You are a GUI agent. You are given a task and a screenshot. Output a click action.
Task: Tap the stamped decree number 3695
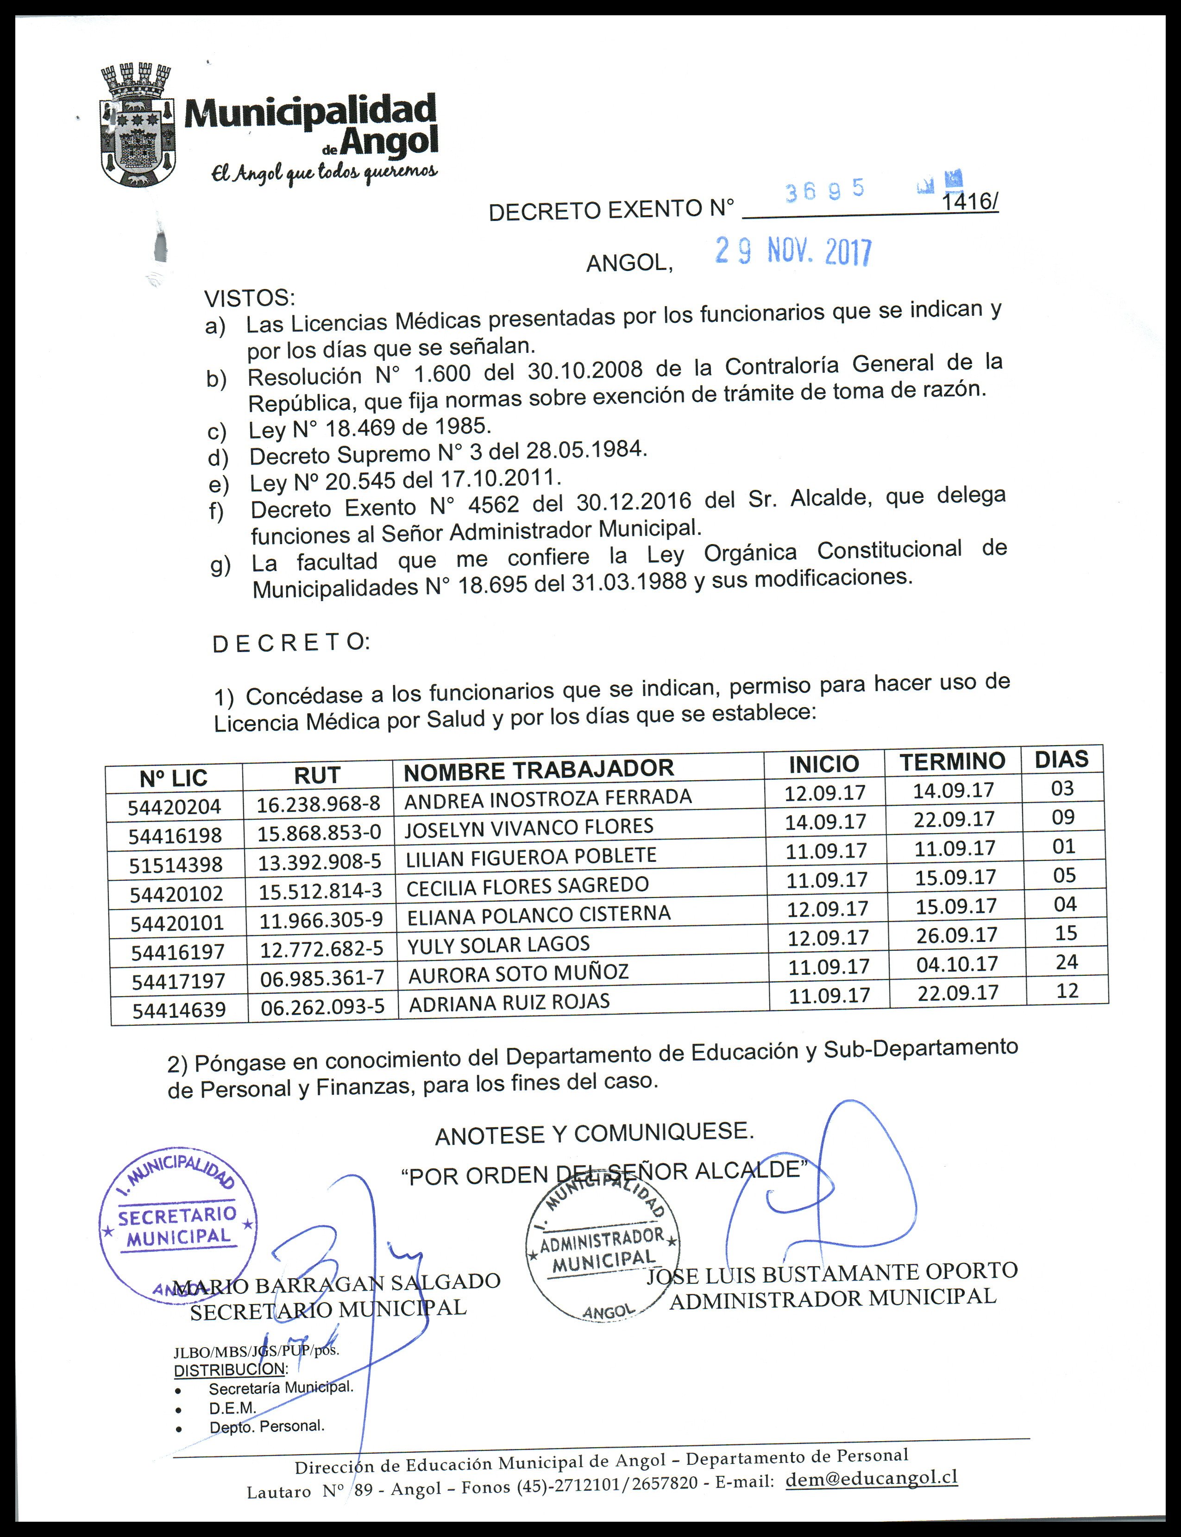click(824, 190)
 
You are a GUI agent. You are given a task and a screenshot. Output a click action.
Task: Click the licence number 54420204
click(174, 807)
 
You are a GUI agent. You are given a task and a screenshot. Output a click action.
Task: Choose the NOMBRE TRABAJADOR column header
click(539, 770)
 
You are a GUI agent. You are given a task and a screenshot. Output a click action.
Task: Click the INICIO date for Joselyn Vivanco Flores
click(826, 822)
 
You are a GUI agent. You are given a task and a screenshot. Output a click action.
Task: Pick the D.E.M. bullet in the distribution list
click(232, 1408)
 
